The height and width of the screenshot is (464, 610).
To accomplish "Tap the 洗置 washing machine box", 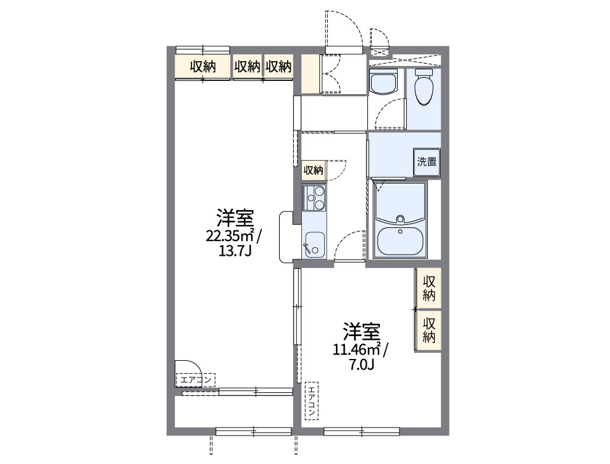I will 426,162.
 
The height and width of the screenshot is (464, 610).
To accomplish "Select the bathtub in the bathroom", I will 400,240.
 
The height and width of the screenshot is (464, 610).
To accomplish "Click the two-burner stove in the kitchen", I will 314,198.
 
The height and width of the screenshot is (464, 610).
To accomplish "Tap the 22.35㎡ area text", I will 233,235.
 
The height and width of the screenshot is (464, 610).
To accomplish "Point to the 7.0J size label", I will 361,365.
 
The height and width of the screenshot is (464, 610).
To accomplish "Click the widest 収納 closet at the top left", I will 203,67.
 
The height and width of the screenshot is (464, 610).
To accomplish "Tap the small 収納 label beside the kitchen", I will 313,170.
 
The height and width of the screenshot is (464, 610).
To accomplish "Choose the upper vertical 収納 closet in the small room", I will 429,288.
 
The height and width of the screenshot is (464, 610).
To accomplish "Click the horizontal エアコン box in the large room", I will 196,379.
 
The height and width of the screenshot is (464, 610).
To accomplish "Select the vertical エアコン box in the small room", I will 312,400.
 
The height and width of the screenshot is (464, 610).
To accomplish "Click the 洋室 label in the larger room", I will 234,217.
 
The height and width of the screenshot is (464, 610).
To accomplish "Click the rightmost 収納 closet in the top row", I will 278,67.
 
